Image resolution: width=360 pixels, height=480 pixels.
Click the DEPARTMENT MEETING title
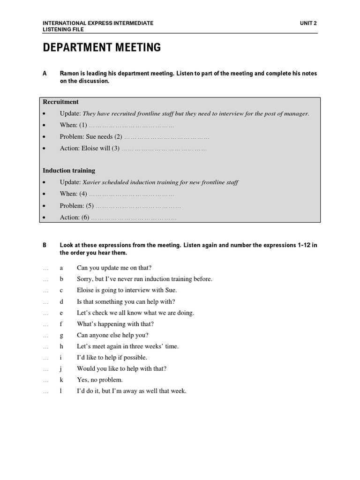(x=102, y=47)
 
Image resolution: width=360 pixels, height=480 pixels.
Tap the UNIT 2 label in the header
(x=308, y=22)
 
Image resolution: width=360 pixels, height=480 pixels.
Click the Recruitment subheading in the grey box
(x=61, y=102)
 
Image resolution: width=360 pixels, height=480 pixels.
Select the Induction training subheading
(x=69, y=171)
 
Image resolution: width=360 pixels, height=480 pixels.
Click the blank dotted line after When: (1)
(x=132, y=126)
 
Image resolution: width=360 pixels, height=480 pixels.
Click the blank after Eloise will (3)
(x=164, y=149)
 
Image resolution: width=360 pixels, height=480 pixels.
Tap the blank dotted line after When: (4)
(x=132, y=194)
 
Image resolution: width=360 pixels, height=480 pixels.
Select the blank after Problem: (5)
(x=139, y=206)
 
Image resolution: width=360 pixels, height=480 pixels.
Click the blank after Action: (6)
(x=134, y=217)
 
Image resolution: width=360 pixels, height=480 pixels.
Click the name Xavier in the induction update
(x=92, y=182)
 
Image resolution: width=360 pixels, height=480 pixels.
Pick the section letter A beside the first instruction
(x=45, y=74)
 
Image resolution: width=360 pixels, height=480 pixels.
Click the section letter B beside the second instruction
(x=45, y=245)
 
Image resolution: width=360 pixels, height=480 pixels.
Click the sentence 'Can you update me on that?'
(x=114, y=268)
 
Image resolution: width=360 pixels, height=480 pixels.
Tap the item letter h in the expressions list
(x=61, y=346)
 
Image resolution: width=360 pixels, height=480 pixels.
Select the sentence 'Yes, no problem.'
(x=100, y=380)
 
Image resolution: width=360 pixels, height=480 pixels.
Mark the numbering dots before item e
(x=45, y=313)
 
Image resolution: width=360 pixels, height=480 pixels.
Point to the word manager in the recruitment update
(x=296, y=114)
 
